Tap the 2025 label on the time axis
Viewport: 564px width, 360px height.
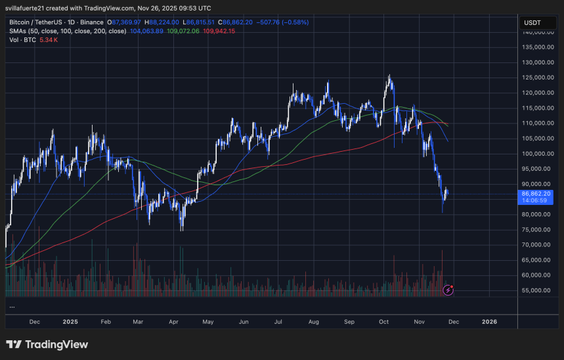pyautogui.click(x=70, y=322)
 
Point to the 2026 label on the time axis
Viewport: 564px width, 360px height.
pyautogui.click(x=489, y=322)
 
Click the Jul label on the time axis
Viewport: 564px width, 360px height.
pyautogui.click(x=278, y=322)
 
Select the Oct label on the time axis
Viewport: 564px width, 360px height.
pyautogui.click(x=384, y=322)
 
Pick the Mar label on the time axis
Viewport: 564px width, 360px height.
pyautogui.click(x=137, y=322)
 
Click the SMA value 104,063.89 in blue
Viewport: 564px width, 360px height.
pyautogui.click(x=147, y=31)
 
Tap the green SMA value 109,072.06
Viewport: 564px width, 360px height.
pyautogui.click(x=184, y=31)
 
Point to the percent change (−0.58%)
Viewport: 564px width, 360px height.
pyautogui.click(x=294, y=22)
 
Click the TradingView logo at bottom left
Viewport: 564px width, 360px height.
pyautogui.click(x=47, y=344)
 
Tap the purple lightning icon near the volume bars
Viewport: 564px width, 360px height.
pyautogui.click(x=449, y=289)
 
